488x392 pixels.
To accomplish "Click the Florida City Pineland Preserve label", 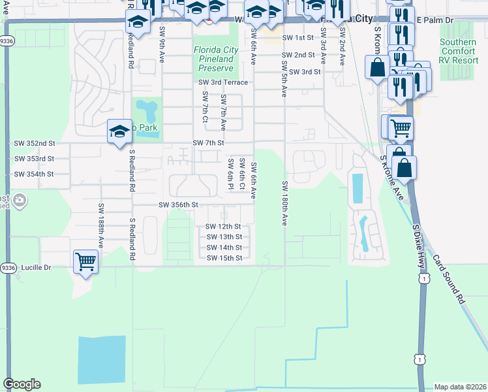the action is point(215,59).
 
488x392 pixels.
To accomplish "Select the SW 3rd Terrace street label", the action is point(223,82).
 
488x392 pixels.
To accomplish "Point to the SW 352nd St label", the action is point(35,143).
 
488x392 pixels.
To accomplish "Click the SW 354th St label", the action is point(34,174).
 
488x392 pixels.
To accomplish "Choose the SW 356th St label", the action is point(178,204).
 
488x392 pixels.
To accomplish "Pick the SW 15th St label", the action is point(224,258).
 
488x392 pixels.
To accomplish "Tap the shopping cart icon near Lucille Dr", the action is point(85,261).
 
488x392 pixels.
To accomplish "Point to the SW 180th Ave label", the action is point(284,203).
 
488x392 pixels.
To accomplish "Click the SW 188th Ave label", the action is point(101,225).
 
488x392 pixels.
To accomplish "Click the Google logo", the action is point(22,384).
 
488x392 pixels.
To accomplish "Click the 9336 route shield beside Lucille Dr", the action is point(8,267).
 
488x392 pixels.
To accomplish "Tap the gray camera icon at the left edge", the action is point(20,199).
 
